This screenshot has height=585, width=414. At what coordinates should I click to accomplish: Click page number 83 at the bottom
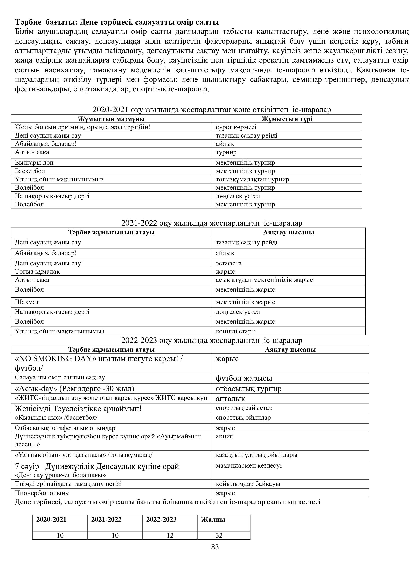[215, 547]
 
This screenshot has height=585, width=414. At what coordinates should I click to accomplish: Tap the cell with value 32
[219, 535]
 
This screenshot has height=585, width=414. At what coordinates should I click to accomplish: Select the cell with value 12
[170, 535]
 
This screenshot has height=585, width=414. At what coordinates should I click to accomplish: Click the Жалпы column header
[213, 520]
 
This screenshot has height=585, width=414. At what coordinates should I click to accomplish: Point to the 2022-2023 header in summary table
[161, 520]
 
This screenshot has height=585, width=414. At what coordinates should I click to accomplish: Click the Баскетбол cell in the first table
[30, 171]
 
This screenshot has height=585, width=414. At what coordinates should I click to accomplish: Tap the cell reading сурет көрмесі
[236, 127]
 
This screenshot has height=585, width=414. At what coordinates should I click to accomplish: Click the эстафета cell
[229, 263]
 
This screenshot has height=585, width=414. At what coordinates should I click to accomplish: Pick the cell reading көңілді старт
[235, 331]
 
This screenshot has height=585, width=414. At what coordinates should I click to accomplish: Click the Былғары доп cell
[34, 163]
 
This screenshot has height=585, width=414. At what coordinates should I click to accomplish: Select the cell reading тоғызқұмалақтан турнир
[252, 179]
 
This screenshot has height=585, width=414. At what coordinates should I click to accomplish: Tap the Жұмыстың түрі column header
[287, 119]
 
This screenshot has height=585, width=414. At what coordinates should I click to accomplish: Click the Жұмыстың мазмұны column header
[111, 119]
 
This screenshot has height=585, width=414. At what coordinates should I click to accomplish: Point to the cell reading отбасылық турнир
[249, 389]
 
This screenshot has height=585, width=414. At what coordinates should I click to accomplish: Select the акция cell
[224, 436]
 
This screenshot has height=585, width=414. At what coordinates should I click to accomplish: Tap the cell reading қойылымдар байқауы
[248, 484]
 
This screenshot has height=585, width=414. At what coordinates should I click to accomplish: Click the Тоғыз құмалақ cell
[38, 271]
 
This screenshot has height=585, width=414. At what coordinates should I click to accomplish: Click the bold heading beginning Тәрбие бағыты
[117, 23]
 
